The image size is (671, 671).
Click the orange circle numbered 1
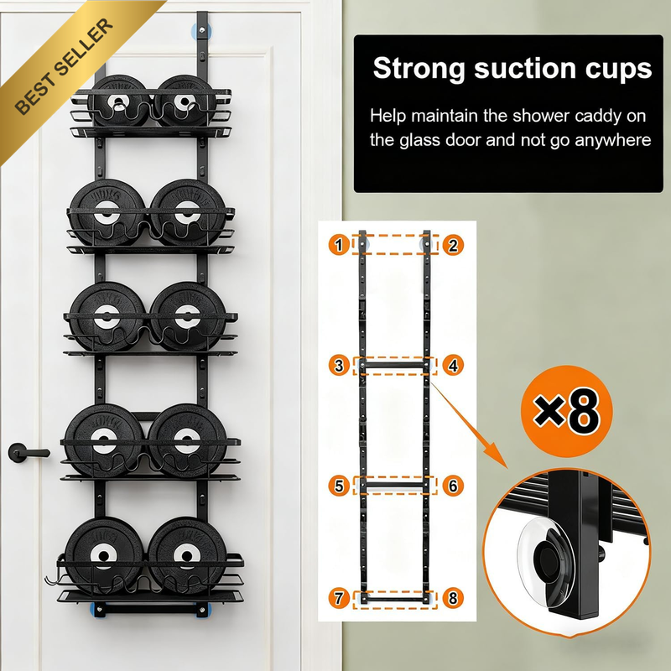click(x=339, y=245)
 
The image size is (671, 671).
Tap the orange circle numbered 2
click(x=453, y=245)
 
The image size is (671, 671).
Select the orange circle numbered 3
click(x=339, y=366)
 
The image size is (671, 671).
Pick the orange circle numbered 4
click(x=453, y=366)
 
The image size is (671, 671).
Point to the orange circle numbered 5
click(x=339, y=486)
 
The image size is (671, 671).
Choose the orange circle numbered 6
click(x=453, y=486)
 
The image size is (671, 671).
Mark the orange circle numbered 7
click(x=339, y=598)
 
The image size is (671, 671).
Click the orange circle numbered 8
click(x=453, y=598)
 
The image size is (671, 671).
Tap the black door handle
click(x=29, y=453)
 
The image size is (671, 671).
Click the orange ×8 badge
click(x=567, y=411)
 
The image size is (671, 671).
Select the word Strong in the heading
click(x=419, y=69)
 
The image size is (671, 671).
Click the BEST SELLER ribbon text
click(x=65, y=66)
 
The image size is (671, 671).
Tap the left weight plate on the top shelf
click(x=118, y=101)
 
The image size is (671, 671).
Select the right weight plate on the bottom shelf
click(x=187, y=555)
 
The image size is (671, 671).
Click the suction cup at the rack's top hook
click(x=201, y=31)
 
